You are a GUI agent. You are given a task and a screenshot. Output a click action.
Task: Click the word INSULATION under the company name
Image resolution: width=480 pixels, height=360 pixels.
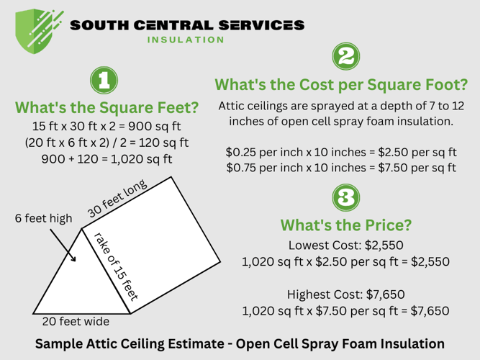point(186,40)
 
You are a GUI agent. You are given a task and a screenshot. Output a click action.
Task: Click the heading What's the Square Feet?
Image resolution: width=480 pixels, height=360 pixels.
point(107,109)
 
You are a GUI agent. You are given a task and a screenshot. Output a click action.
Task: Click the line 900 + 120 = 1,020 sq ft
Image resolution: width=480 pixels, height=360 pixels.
point(107,159)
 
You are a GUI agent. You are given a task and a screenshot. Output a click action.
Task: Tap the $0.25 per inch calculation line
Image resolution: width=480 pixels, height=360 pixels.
point(340,153)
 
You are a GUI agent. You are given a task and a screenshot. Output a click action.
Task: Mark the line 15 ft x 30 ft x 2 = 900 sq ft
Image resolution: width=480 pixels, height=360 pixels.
point(107,126)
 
